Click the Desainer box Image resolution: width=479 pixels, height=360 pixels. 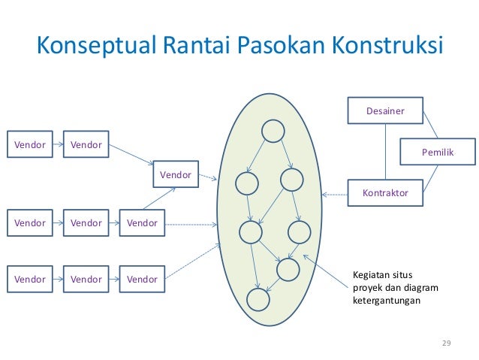(384, 111)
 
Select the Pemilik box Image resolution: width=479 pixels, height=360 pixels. (437, 152)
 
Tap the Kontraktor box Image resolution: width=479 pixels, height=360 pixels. (384, 193)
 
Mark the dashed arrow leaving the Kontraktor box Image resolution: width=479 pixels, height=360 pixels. (335, 194)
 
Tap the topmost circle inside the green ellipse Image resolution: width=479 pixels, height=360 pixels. (272, 132)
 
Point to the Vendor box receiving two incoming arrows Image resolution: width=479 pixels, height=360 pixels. (176, 175)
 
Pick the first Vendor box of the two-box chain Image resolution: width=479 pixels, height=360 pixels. (30, 144)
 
